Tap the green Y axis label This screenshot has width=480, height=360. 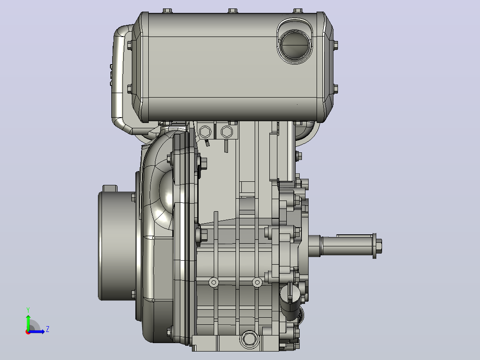pyautogui.click(x=28, y=310)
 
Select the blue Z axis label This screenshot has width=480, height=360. pyautogui.click(x=48, y=329)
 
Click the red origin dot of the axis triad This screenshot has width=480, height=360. pyautogui.click(x=28, y=332)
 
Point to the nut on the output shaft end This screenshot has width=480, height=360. pyautogui.click(x=378, y=246)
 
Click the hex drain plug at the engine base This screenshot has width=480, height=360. pyautogui.click(x=249, y=339)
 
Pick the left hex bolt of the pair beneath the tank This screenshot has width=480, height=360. pyautogui.click(x=205, y=132)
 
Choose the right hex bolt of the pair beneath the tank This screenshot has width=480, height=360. pyautogui.click(x=227, y=132)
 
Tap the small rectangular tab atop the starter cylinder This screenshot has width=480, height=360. pyautogui.click(x=110, y=188)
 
